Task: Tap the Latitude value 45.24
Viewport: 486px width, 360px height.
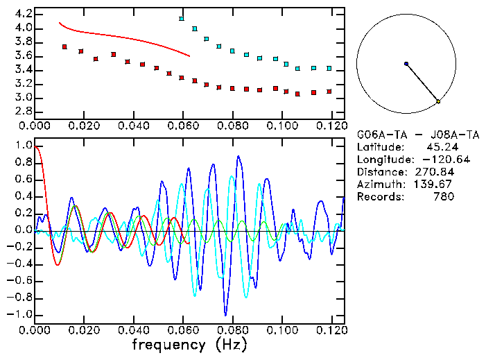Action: point(440,147)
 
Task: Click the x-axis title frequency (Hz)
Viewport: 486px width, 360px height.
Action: point(189,344)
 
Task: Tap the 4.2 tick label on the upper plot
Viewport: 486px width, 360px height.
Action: point(22,14)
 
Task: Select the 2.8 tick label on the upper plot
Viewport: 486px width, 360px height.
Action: point(22,112)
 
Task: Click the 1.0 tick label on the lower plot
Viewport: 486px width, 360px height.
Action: point(22,146)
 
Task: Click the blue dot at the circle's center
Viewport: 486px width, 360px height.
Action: point(406,64)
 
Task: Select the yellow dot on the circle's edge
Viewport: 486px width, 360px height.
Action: point(438,102)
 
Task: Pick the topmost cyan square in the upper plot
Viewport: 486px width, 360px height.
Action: point(182,19)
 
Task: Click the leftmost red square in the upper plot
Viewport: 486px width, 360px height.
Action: point(64,46)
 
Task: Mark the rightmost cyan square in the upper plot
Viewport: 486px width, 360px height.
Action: point(329,68)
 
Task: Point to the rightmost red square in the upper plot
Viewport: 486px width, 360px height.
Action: point(329,91)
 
